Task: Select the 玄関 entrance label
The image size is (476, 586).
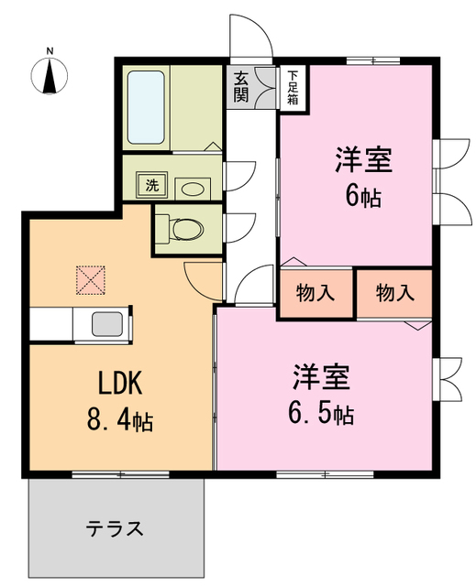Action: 241,86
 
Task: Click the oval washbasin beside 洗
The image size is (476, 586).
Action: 193,187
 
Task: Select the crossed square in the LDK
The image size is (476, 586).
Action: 92,280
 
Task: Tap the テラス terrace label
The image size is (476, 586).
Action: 116,528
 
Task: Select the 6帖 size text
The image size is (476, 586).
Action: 363,196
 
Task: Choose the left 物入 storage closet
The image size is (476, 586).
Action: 316,294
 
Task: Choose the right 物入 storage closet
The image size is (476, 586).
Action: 395,294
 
